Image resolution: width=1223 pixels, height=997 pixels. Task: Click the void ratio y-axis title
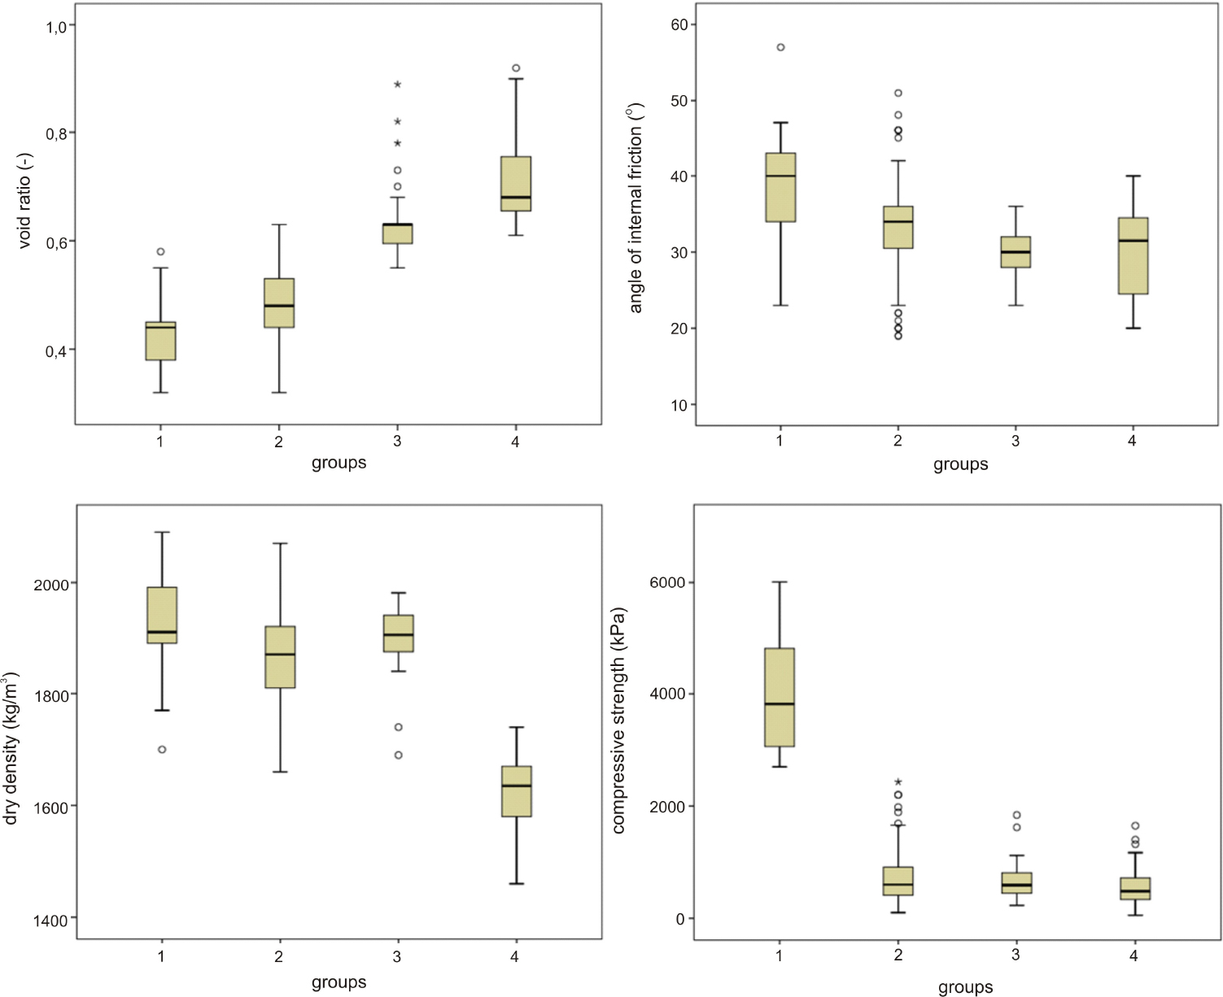(x=24, y=200)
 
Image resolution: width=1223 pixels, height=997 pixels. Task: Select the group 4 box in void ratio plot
(x=516, y=184)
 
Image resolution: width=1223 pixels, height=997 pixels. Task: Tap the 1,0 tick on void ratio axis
(x=57, y=26)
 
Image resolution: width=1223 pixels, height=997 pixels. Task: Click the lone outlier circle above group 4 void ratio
(x=516, y=68)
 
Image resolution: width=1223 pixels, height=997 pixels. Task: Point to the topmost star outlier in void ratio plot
(x=397, y=85)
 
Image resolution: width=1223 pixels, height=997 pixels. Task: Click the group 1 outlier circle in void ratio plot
(x=160, y=251)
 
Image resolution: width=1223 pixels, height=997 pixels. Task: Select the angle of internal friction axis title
(x=636, y=207)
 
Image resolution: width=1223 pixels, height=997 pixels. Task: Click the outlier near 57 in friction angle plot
(x=780, y=47)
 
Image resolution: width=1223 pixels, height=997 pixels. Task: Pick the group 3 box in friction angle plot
(x=1016, y=252)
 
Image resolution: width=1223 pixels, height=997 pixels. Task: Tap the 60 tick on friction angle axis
(x=679, y=24)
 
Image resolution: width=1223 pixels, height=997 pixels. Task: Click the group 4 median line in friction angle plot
(x=1133, y=241)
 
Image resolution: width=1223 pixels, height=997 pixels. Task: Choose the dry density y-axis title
(x=11, y=748)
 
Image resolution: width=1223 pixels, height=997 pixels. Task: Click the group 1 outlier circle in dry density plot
(x=162, y=749)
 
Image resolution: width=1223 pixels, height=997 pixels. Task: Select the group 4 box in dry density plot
(x=516, y=790)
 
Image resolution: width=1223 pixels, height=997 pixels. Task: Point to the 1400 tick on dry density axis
(x=50, y=920)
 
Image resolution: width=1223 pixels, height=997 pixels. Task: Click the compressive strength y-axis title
(x=619, y=720)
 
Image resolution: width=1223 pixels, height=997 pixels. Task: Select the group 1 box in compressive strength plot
(x=780, y=697)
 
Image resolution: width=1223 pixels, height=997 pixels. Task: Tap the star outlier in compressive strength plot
(x=898, y=782)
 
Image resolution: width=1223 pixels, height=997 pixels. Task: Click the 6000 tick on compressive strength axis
(x=667, y=583)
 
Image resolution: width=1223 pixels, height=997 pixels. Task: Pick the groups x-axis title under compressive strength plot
(x=965, y=987)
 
